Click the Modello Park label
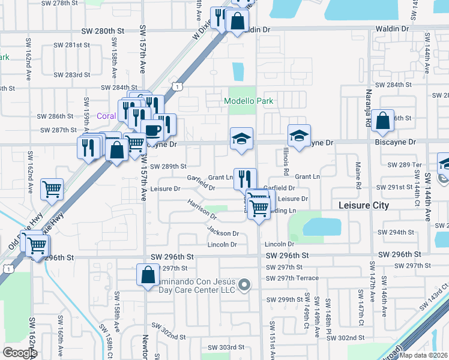[x=249, y=101]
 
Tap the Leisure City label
[x=364, y=205]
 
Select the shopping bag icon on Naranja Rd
[x=382, y=121]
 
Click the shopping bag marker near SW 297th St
[x=148, y=275]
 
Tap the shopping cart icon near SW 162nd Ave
[x=52, y=189]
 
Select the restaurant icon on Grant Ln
[x=245, y=179]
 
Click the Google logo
[x=20, y=353]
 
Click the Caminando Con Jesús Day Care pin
[x=244, y=286]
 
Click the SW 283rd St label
[x=71, y=75]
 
